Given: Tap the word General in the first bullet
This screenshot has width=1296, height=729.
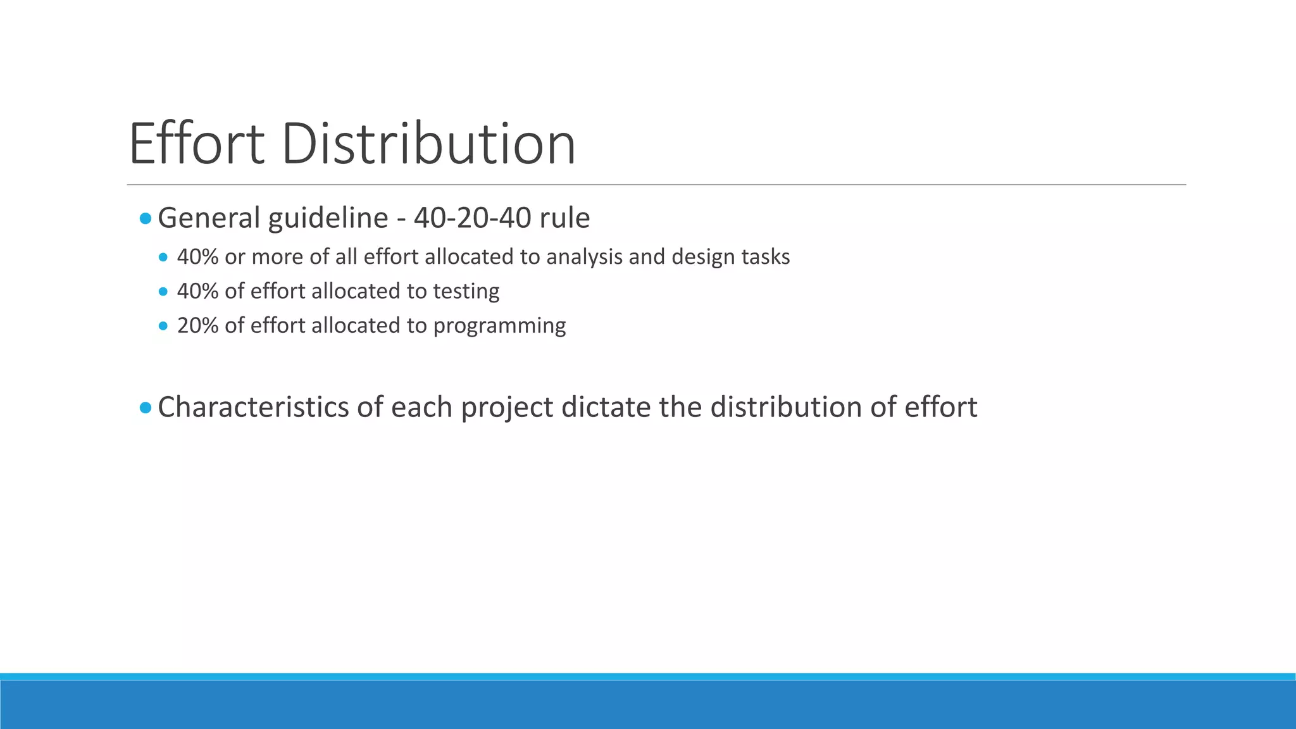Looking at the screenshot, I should [209, 218].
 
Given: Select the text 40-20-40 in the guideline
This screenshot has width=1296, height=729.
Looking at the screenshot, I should [472, 218].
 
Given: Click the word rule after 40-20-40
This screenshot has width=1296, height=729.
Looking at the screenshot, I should [564, 218].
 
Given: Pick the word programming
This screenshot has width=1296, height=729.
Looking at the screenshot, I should [499, 326].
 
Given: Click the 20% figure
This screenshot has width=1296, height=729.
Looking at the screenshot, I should [197, 325].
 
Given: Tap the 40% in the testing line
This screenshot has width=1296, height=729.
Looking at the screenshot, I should [197, 291].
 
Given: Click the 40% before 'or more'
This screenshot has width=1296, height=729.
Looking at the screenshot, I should [197, 257].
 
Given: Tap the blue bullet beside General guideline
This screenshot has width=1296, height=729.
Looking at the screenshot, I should [146, 219].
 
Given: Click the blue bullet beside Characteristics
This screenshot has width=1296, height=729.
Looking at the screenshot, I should [146, 408].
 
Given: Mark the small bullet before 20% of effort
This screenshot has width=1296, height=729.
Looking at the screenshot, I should [164, 326].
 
